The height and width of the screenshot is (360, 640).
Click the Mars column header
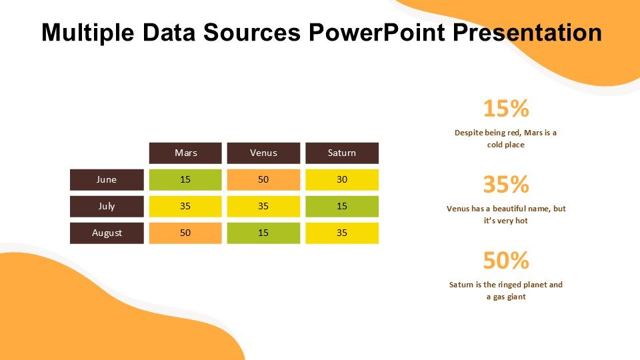185,153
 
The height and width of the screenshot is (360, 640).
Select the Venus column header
263,153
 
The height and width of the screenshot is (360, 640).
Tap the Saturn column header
342,153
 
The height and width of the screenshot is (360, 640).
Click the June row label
107,179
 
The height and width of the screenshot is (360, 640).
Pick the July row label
107,206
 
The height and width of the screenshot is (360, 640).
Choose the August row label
107,233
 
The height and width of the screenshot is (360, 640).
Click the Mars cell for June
185,179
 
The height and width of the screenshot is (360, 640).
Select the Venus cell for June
263,179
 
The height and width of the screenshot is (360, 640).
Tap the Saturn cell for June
342,179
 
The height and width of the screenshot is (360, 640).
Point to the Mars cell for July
185,206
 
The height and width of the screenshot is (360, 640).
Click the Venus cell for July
263,206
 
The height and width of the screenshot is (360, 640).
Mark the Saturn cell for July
342,206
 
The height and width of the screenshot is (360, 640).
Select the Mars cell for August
185,233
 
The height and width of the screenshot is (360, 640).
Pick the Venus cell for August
263,233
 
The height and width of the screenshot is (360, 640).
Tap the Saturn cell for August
342,233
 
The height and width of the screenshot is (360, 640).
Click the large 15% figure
505,108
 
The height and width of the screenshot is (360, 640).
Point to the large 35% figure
505,184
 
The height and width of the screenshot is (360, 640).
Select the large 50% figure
505,260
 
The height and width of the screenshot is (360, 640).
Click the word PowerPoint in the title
377,33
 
